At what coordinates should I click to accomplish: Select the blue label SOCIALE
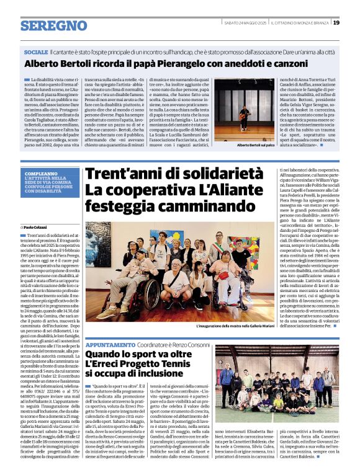(x=36, y=53)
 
